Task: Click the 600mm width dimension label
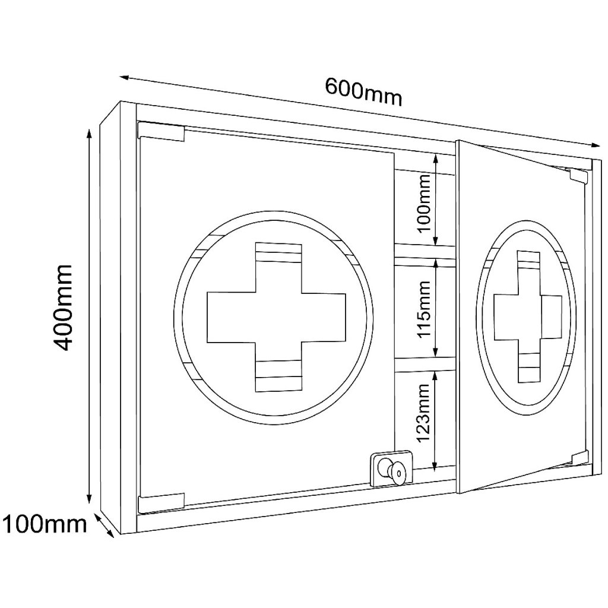[363, 92]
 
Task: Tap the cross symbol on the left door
[276, 316]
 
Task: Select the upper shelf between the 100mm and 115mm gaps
[425, 251]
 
